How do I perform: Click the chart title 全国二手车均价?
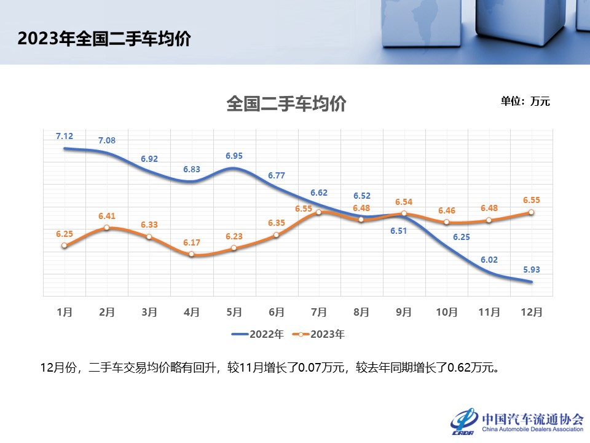286,103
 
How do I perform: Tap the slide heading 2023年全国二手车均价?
104,39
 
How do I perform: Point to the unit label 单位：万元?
525,102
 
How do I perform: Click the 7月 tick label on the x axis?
318,312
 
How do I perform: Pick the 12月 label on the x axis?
531,312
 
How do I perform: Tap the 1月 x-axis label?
65,312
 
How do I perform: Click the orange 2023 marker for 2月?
107,228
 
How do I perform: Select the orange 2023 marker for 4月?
192,253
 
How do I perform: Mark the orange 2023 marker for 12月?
531,212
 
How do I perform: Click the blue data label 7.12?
65,136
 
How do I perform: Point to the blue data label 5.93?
531,269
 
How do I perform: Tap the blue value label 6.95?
234,156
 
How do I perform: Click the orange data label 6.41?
107,216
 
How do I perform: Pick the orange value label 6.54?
404,202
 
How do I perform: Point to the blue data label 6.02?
489,260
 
